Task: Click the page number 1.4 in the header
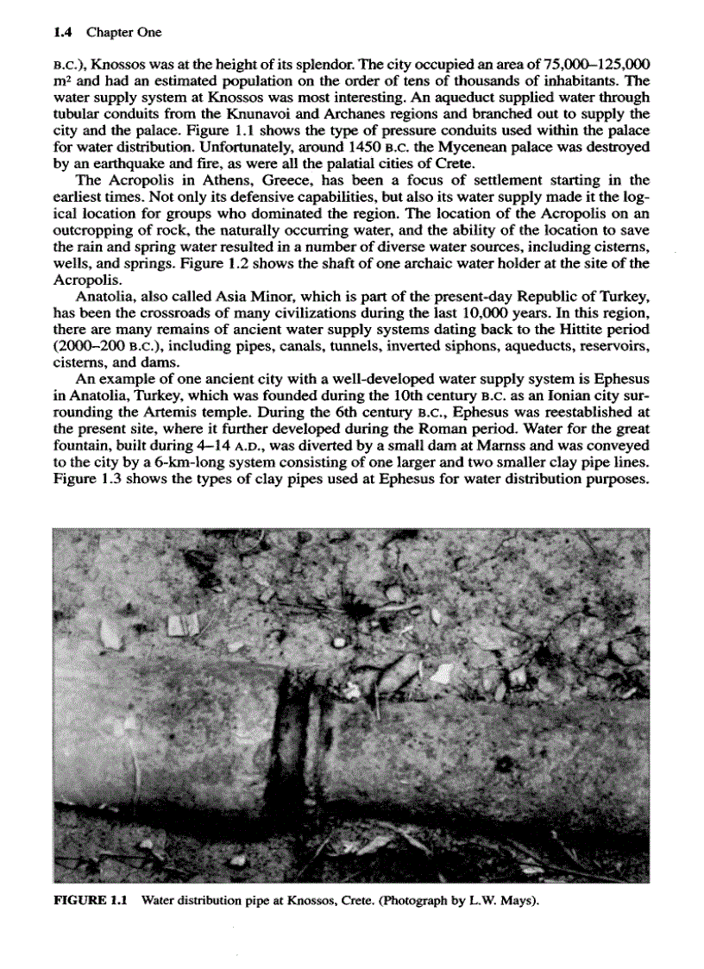(61, 33)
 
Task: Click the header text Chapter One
(123, 33)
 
